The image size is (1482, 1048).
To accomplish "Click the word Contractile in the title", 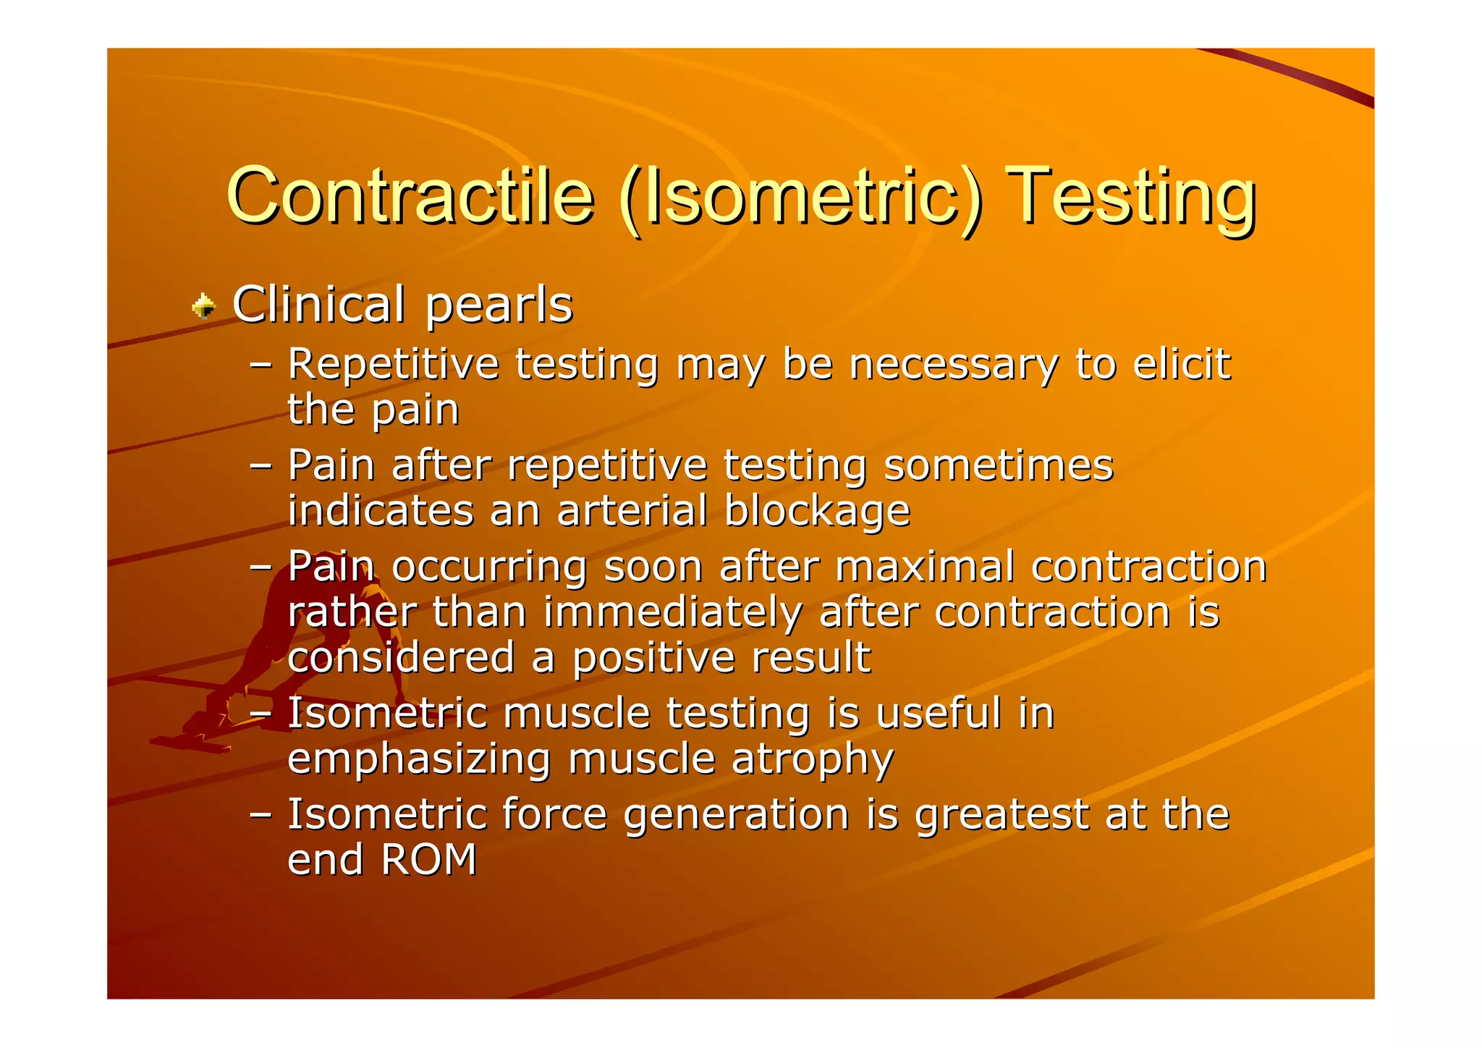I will click(410, 196).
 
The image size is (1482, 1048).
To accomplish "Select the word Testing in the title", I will click(1130, 196).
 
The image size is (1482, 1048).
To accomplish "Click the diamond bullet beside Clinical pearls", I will click(204, 306).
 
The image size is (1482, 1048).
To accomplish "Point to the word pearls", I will click(499, 305).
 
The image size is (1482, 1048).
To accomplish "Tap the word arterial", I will click(632, 511).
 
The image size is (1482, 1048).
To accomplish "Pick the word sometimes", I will click(999, 465).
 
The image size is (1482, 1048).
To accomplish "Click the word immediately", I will click(672, 613).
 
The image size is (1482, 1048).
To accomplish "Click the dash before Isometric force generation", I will click(261, 814).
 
